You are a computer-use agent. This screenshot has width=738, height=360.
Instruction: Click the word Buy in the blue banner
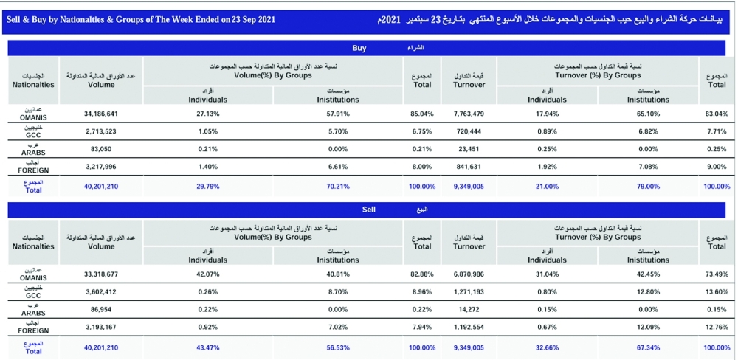359,48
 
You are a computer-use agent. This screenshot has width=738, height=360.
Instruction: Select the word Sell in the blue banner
370,210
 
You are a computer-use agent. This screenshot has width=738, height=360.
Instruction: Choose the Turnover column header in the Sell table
469,246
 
